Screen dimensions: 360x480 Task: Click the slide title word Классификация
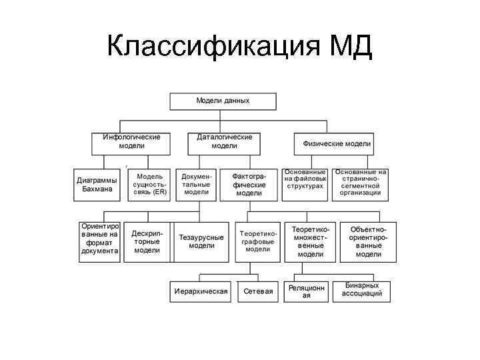(213, 47)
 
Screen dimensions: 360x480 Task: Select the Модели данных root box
(223, 101)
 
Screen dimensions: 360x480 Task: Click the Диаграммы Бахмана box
(97, 185)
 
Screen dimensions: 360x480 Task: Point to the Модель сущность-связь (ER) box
(149, 185)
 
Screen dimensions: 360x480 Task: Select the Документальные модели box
(196, 185)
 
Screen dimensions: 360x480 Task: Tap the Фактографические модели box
(249, 185)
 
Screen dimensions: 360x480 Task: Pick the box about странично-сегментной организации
(361, 182)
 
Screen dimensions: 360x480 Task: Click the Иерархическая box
(201, 291)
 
